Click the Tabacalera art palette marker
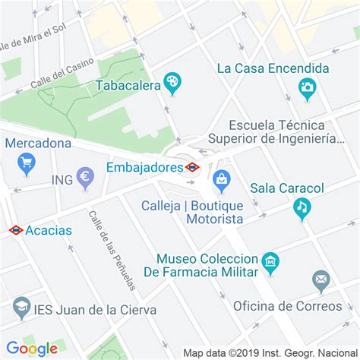(x=172, y=82)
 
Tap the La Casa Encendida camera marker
(x=307, y=88)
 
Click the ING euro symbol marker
(x=85, y=179)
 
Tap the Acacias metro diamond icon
(x=14, y=229)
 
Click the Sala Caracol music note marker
(x=302, y=207)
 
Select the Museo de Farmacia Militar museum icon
(x=270, y=263)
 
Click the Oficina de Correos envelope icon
(x=321, y=280)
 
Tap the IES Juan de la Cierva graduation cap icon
(x=21, y=308)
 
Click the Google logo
(x=32, y=349)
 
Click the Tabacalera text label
(x=127, y=85)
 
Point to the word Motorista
(x=214, y=219)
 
